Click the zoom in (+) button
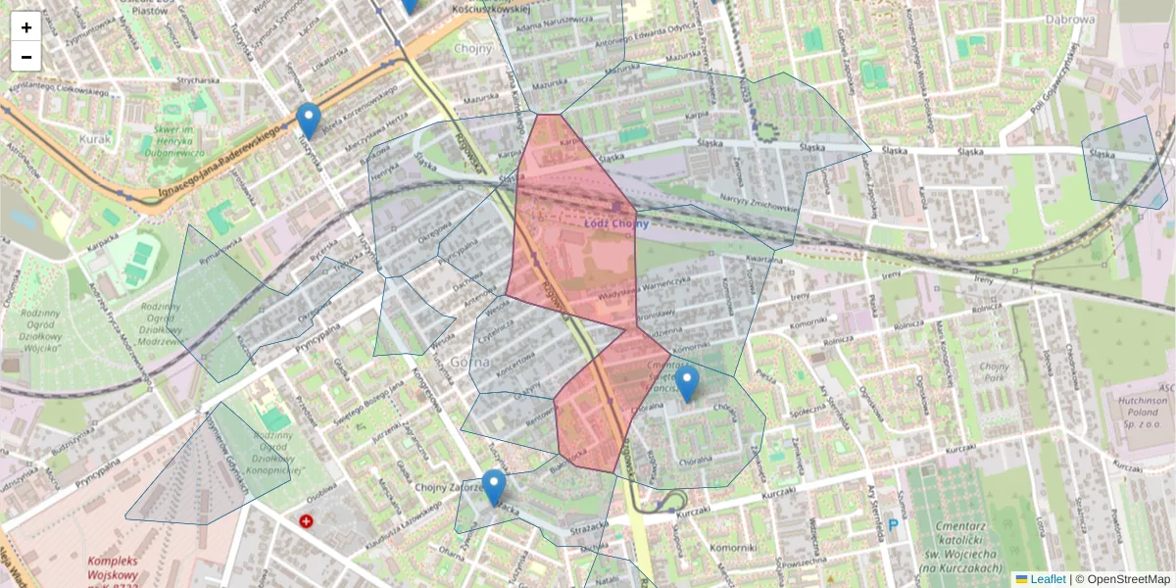(26, 27)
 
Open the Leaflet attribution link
(1047, 579)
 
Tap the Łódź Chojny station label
(616, 223)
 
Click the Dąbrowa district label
(1069, 19)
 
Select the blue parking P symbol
(893, 526)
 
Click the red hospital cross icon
(307, 521)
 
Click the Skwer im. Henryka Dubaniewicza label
(173, 139)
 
